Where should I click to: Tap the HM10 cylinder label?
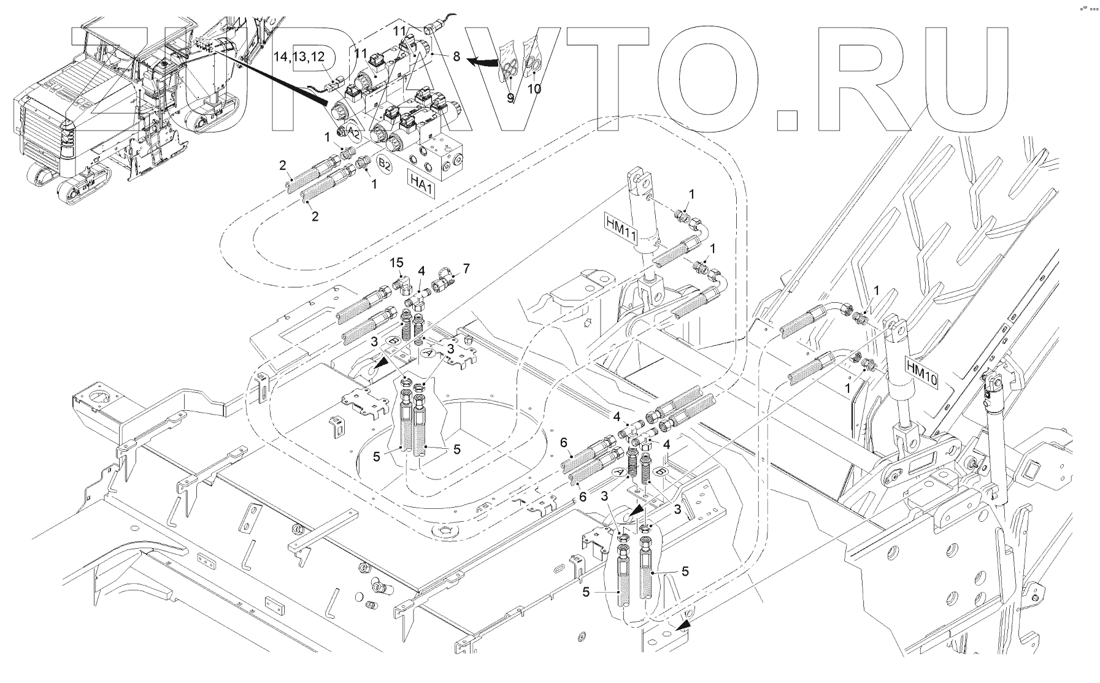[x=921, y=372]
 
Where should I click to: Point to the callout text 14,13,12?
[x=299, y=56]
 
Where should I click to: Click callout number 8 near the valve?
[x=456, y=56]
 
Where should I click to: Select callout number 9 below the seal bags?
[x=510, y=97]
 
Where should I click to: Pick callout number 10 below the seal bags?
[x=534, y=89]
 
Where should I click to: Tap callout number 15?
[x=397, y=262]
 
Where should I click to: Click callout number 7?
[x=466, y=268]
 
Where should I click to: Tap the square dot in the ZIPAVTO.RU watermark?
[x=787, y=120]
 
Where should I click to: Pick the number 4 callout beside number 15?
[x=421, y=270]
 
